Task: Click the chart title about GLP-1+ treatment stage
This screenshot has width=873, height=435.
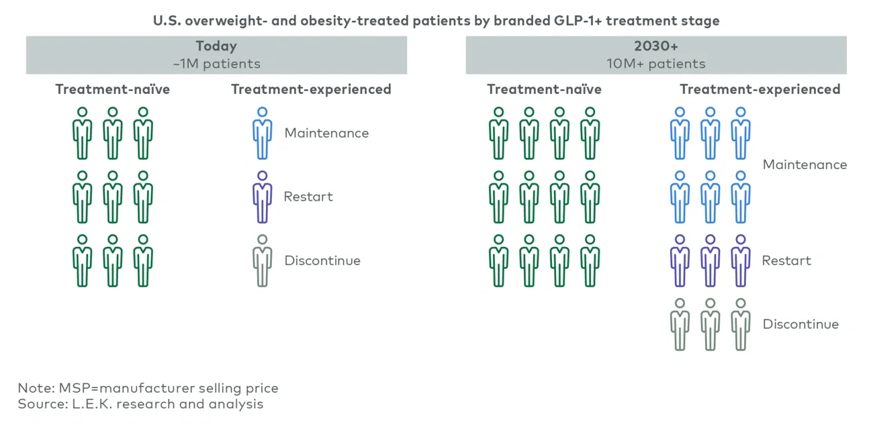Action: tap(436, 21)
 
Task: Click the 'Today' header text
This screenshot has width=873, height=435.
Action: tap(216, 46)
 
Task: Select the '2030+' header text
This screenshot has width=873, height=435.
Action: tap(655, 46)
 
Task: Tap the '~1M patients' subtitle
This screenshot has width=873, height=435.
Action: tap(216, 64)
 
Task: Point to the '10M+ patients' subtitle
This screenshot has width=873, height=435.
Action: tap(655, 64)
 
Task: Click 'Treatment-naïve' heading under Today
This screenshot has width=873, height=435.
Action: tap(112, 89)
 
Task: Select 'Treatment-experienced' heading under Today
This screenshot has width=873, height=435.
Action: tap(311, 89)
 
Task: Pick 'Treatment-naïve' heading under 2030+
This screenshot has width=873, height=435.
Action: tap(544, 89)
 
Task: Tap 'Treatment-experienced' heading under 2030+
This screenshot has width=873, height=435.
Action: tap(760, 89)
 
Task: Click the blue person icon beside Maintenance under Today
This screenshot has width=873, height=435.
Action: tap(262, 133)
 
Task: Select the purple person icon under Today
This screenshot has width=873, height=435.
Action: tap(262, 197)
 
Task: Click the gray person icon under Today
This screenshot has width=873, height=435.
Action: tap(262, 260)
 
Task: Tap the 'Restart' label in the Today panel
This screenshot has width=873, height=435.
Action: tap(308, 197)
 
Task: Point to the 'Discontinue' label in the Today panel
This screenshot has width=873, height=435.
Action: tap(322, 260)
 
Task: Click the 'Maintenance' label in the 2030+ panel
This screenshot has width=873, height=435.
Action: tap(805, 164)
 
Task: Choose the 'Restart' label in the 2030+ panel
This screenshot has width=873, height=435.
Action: tap(786, 260)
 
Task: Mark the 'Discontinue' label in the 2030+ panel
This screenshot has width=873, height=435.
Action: tap(800, 324)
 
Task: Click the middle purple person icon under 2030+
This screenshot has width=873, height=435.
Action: tap(710, 260)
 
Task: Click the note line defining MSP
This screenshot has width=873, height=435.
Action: tap(148, 388)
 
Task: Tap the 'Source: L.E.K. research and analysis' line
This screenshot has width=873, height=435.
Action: tap(140, 404)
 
